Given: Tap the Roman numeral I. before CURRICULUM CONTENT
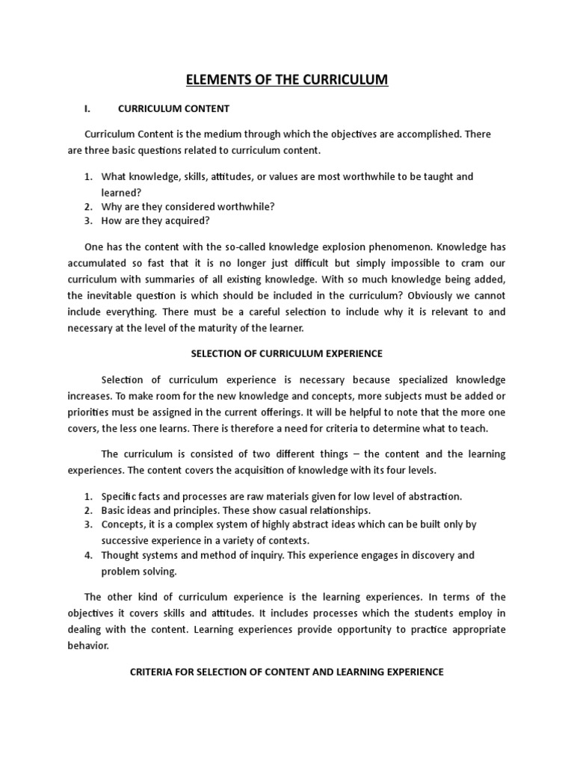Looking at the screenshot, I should coord(87,109).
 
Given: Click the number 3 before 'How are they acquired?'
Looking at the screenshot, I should coord(87,220).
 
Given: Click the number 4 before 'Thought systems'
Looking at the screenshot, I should coord(87,555).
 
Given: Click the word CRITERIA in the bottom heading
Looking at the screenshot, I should coord(152,672).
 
